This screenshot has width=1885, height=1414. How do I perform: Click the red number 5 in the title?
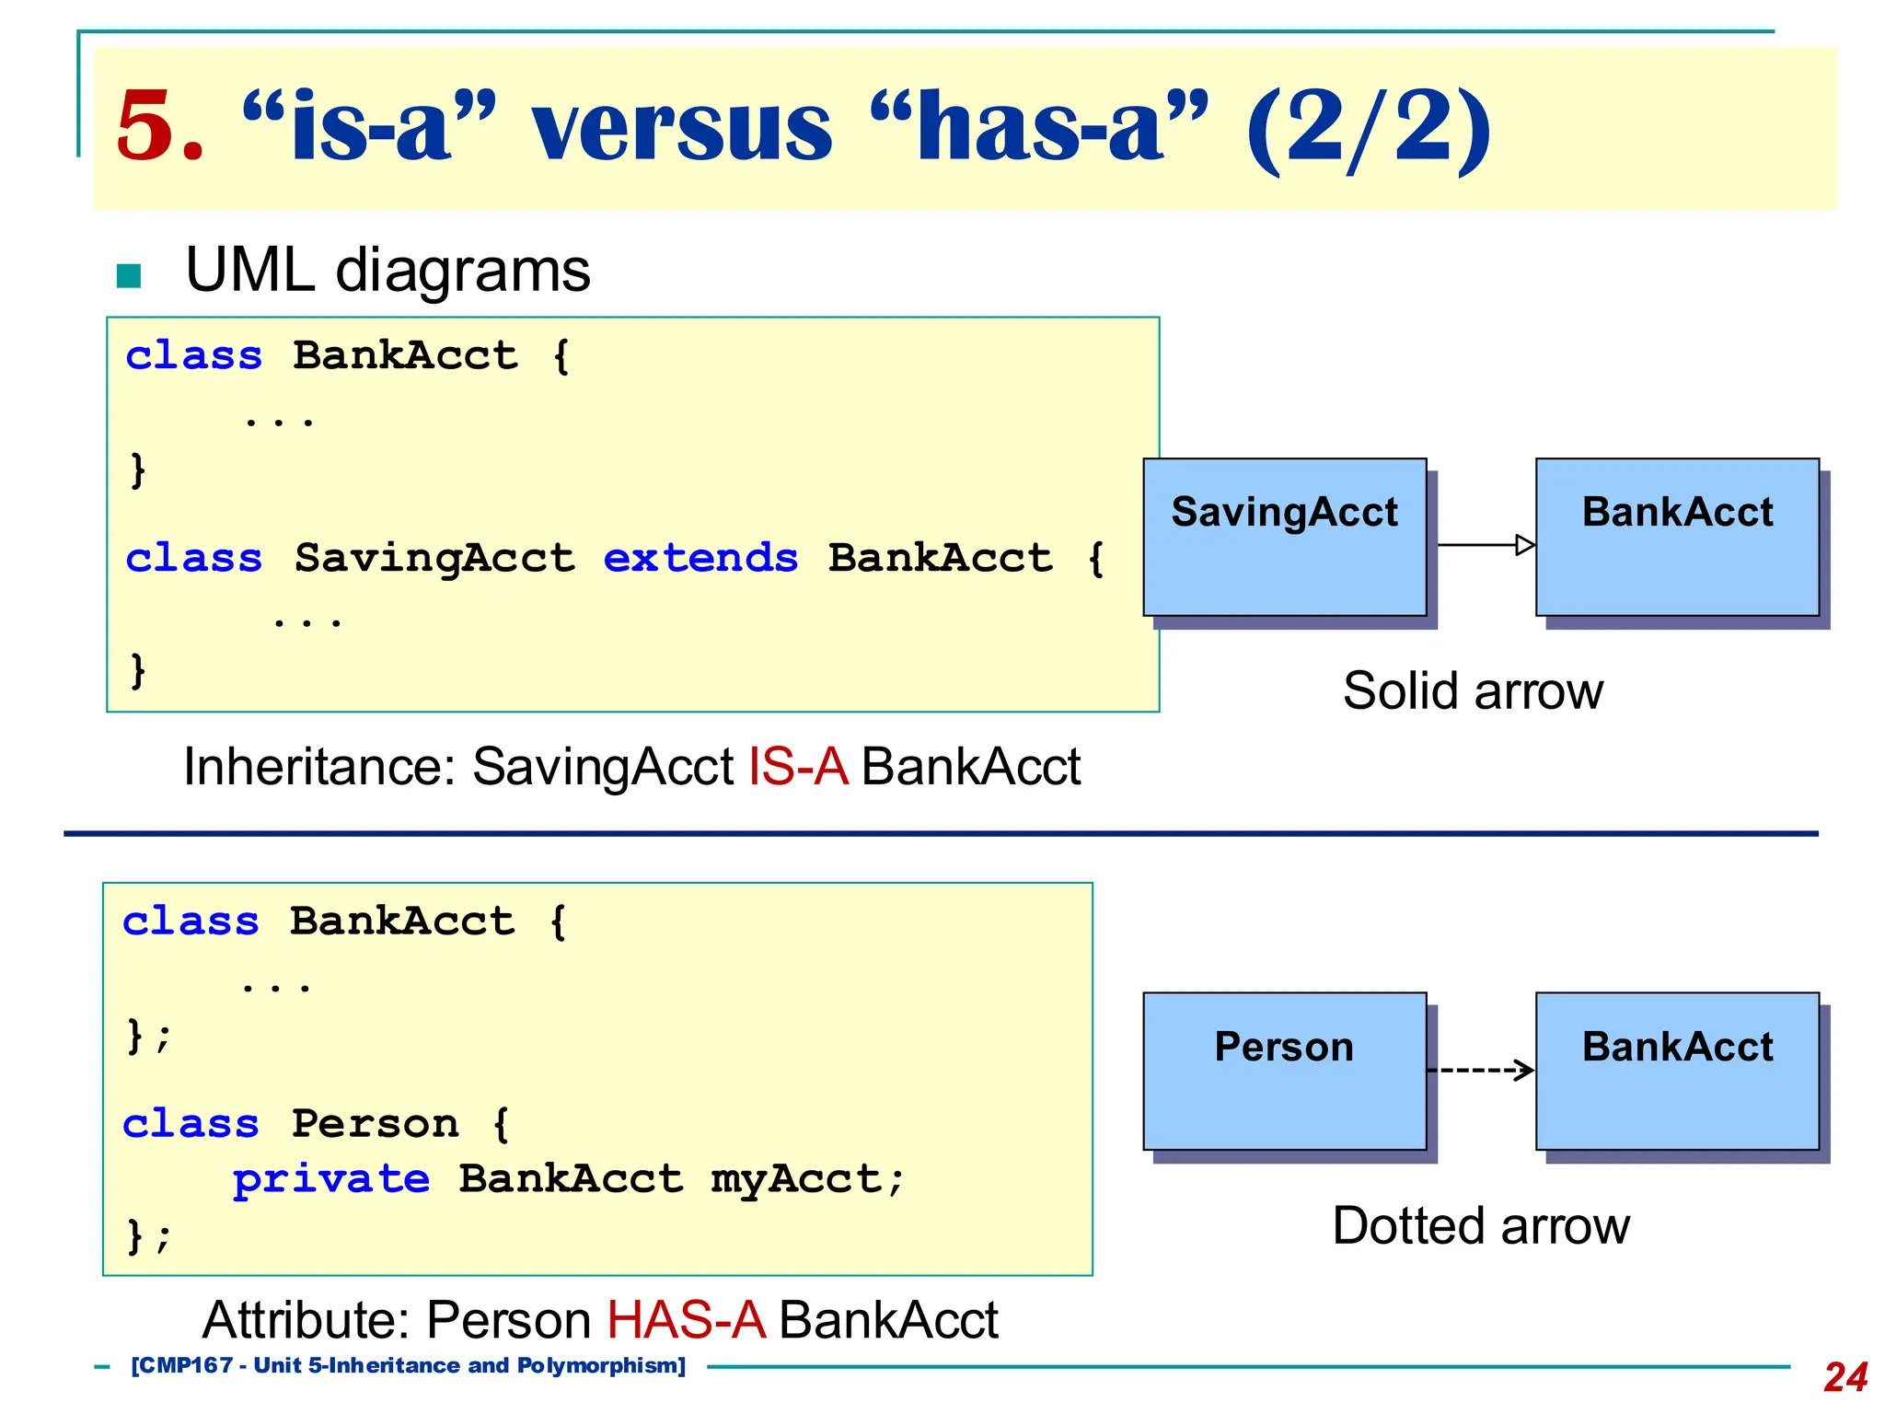tap(158, 126)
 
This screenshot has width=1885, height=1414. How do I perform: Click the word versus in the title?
tap(682, 128)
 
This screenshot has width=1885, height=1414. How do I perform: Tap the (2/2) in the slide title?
tap(1368, 128)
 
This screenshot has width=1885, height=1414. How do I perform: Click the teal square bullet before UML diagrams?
tap(129, 276)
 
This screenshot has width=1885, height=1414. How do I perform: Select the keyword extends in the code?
tap(700, 559)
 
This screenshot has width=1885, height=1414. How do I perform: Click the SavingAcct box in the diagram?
tap(1284, 538)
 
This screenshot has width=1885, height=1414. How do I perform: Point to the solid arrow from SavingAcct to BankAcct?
tap(1484, 545)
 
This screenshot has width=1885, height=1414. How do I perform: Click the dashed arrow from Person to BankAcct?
tap(1480, 1070)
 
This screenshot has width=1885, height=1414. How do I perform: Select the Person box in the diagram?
tap(1284, 1072)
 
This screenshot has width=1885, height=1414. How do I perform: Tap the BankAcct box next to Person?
tap(1677, 1072)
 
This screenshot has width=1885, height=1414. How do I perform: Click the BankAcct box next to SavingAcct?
tap(1677, 538)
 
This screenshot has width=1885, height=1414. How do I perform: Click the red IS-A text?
tap(797, 767)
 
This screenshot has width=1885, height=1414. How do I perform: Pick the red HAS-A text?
tap(686, 1320)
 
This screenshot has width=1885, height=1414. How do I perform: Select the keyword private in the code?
tap(330, 1179)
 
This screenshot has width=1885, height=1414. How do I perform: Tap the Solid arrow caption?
tap(1473, 691)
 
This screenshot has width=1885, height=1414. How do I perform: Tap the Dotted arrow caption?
tap(1480, 1226)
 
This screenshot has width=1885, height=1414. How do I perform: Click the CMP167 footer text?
tap(408, 1366)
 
